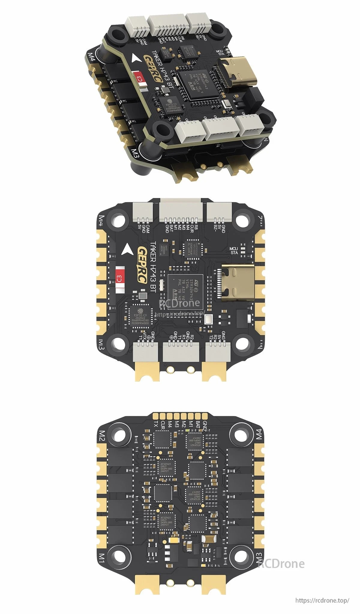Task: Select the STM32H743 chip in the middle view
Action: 185,291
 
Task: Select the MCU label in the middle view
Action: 233,249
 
